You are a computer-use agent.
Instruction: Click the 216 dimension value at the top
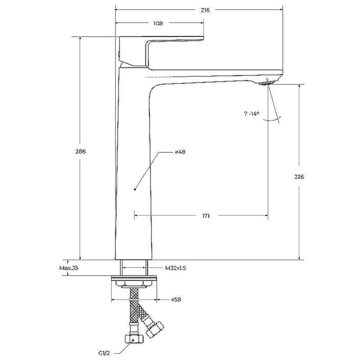(x=205, y=10)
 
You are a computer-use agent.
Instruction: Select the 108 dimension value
(x=158, y=23)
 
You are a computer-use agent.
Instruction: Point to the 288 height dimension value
(x=81, y=152)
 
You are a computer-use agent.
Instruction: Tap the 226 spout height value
(x=299, y=177)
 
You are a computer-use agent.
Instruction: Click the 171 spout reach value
(x=206, y=216)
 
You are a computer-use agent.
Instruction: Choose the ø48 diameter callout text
(x=180, y=152)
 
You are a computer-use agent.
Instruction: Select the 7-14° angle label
(x=252, y=113)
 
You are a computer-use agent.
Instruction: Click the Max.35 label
(x=69, y=268)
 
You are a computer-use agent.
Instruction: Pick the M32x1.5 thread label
(x=175, y=268)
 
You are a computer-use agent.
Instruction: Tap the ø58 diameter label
(x=176, y=300)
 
